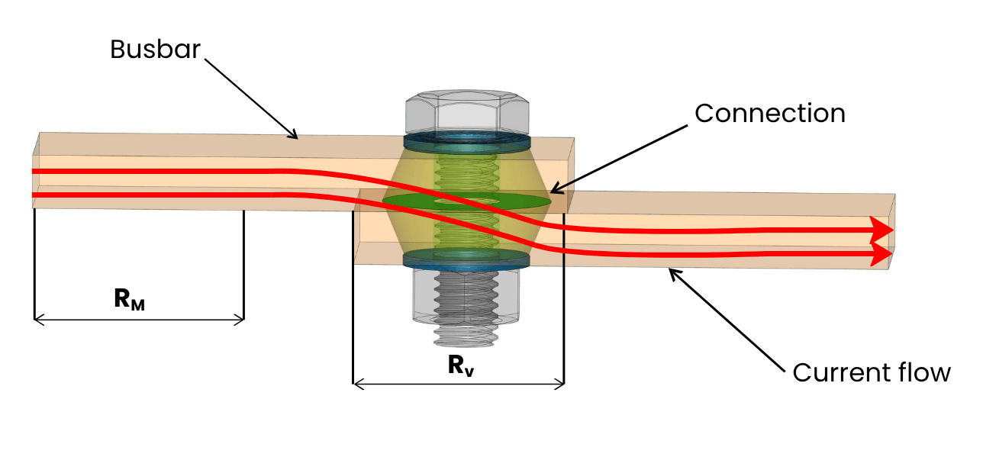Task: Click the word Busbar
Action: (155, 49)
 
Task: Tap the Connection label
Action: (770, 113)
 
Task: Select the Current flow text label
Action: (872, 372)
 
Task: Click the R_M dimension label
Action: (130, 299)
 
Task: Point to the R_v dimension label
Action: (461, 365)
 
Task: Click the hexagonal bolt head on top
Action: (467, 112)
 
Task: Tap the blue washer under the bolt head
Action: (467, 143)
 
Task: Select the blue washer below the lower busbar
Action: (466, 259)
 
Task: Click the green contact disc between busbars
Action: (466, 201)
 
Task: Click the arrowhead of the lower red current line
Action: (881, 254)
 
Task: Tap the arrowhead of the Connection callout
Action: (555, 189)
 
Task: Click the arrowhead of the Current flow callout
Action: (673, 273)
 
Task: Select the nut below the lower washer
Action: (466, 296)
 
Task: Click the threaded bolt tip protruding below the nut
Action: (466, 336)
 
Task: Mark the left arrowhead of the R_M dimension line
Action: (39, 320)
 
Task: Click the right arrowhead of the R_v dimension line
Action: (559, 385)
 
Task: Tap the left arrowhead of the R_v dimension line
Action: (358, 385)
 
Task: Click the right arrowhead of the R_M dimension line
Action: (240, 320)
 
